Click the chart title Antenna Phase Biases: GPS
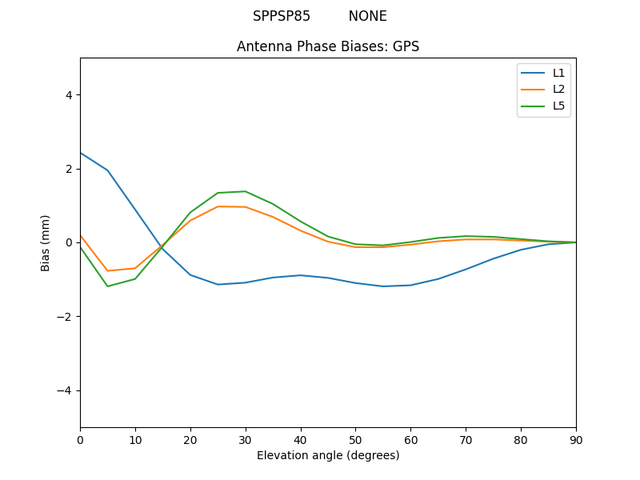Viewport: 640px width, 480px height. coord(328,46)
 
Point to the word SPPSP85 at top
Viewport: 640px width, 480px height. coord(282,16)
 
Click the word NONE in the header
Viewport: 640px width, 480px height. coord(367,16)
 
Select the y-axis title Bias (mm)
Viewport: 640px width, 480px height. coord(46,242)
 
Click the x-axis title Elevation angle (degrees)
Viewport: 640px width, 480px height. coord(328,455)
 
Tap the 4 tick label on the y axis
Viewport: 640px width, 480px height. coord(68,95)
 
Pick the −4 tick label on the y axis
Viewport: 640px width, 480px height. coord(65,390)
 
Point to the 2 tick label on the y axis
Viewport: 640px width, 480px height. coord(68,169)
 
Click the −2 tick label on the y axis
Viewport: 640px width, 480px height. coord(65,317)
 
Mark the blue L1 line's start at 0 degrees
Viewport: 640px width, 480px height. coord(80,153)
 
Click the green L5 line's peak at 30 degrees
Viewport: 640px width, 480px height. coord(246,191)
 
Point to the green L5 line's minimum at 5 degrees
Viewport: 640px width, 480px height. coord(107,286)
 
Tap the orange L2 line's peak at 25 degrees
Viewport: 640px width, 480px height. coord(218,206)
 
